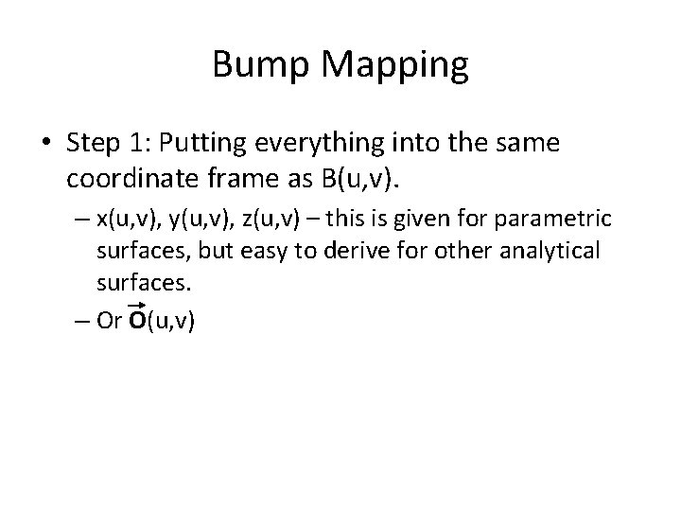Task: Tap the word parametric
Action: click(x=559, y=220)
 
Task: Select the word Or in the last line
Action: click(x=109, y=321)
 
